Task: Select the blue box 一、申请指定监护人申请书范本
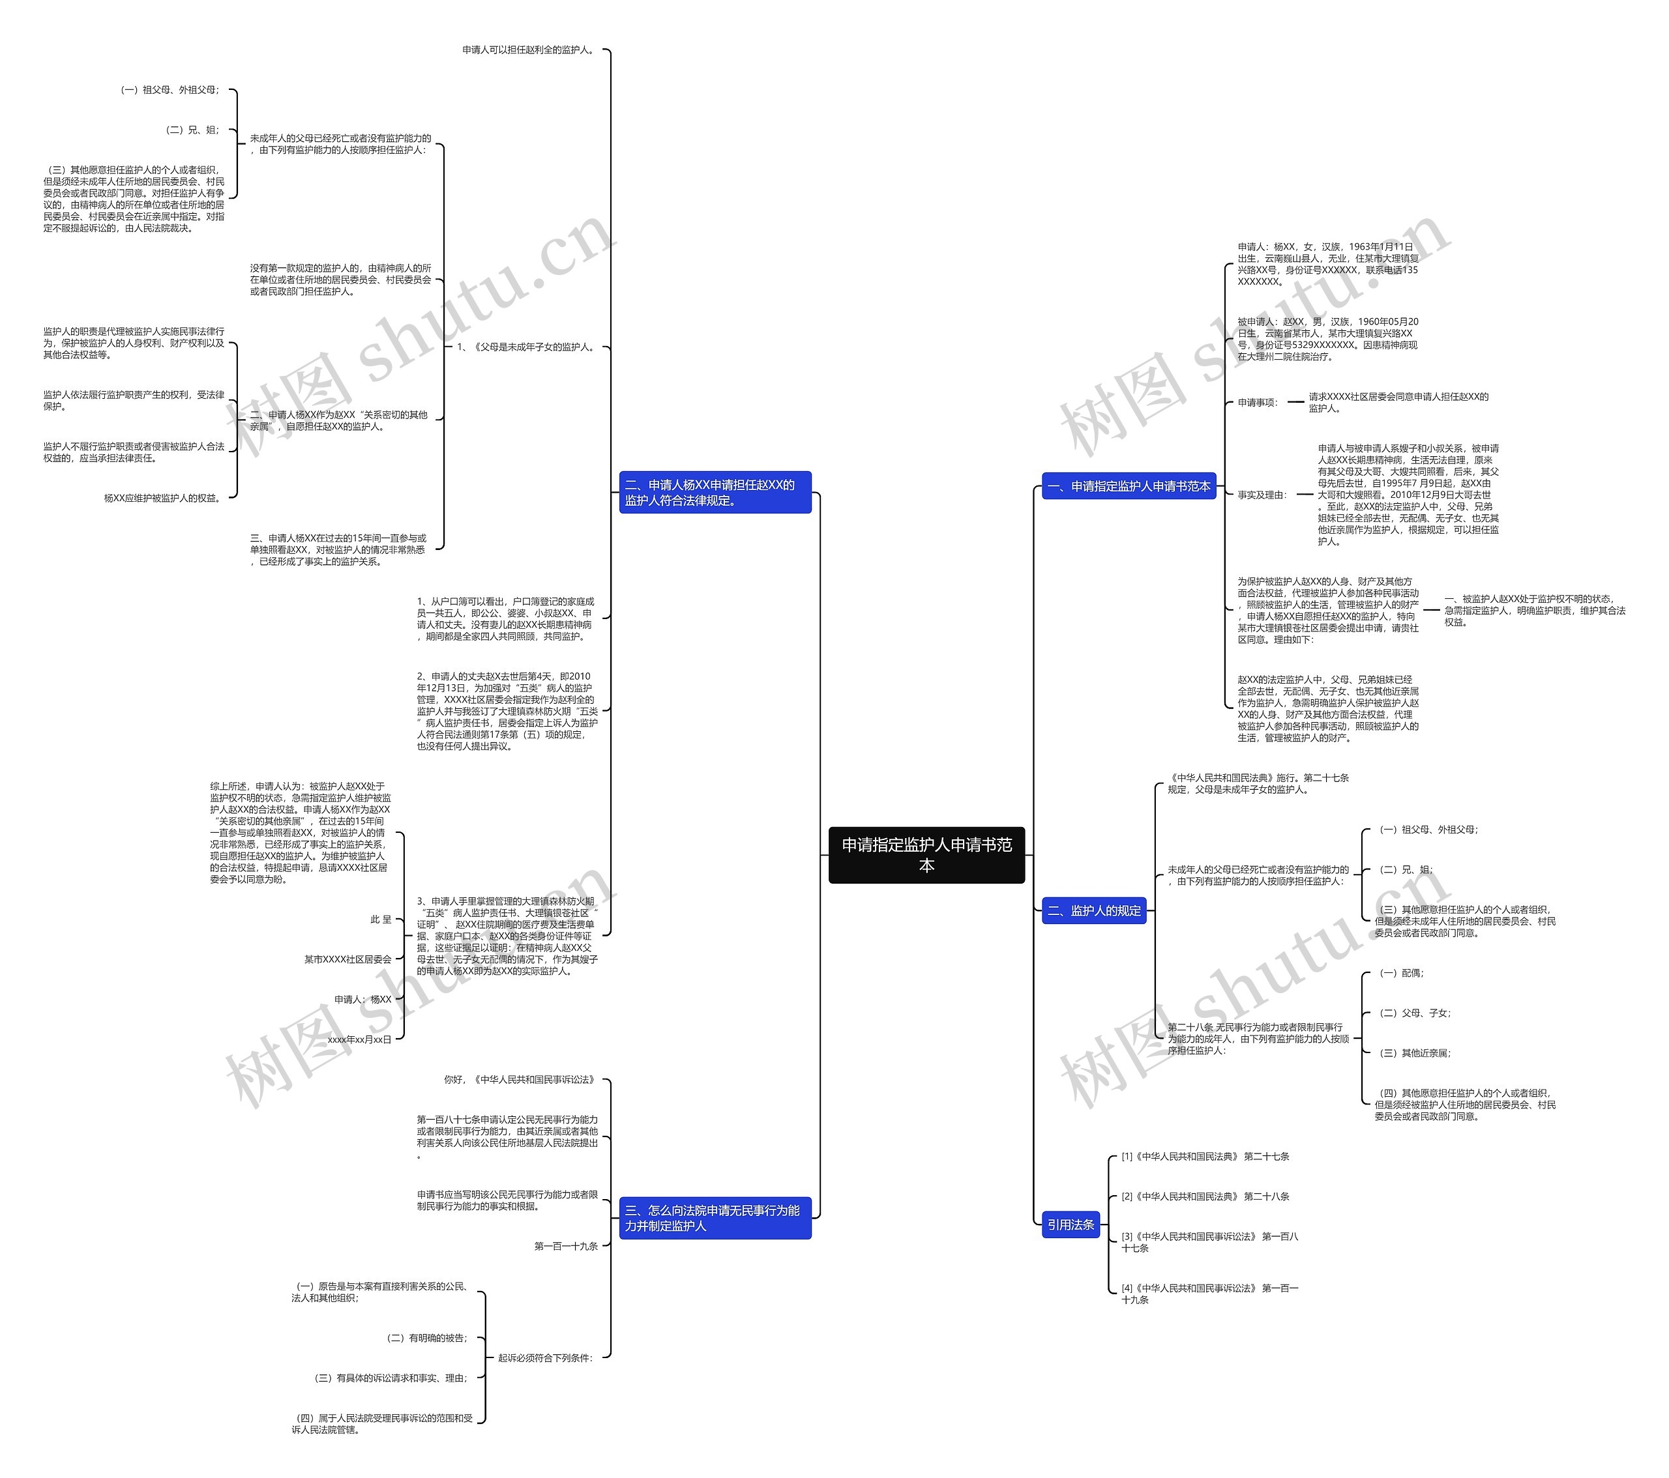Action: (x=1129, y=486)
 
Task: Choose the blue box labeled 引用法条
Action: (x=1071, y=1224)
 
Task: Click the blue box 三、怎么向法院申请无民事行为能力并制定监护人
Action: (x=715, y=1218)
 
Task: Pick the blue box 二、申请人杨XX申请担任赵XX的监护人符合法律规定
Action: (x=715, y=492)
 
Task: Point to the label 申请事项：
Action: (x=1258, y=402)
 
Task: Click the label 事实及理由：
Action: (x=1262, y=495)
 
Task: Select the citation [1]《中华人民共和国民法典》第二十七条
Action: (x=1205, y=1157)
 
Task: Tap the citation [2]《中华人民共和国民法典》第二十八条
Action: (x=1205, y=1196)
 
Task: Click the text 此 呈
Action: (x=381, y=919)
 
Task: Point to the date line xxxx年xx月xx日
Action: (x=359, y=1039)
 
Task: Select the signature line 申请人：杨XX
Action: (x=362, y=999)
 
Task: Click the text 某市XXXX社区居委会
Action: (x=348, y=959)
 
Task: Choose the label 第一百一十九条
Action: (x=566, y=1246)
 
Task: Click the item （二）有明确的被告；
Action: (x=427, y=1338)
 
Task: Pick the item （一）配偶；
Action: (x=1401, y=973)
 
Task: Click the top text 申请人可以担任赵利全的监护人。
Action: (x=529, y=50)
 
